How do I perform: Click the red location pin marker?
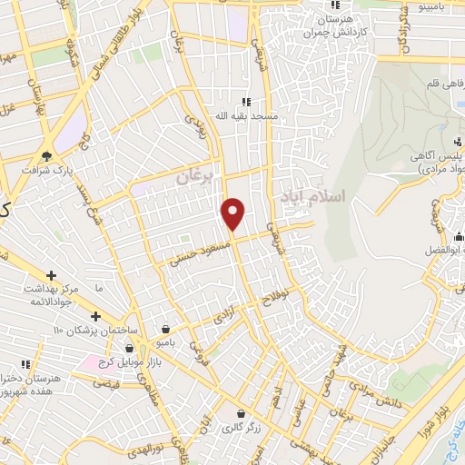point(233,213)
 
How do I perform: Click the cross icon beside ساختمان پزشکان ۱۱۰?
point(95,316)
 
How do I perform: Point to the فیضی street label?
point(106,383)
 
